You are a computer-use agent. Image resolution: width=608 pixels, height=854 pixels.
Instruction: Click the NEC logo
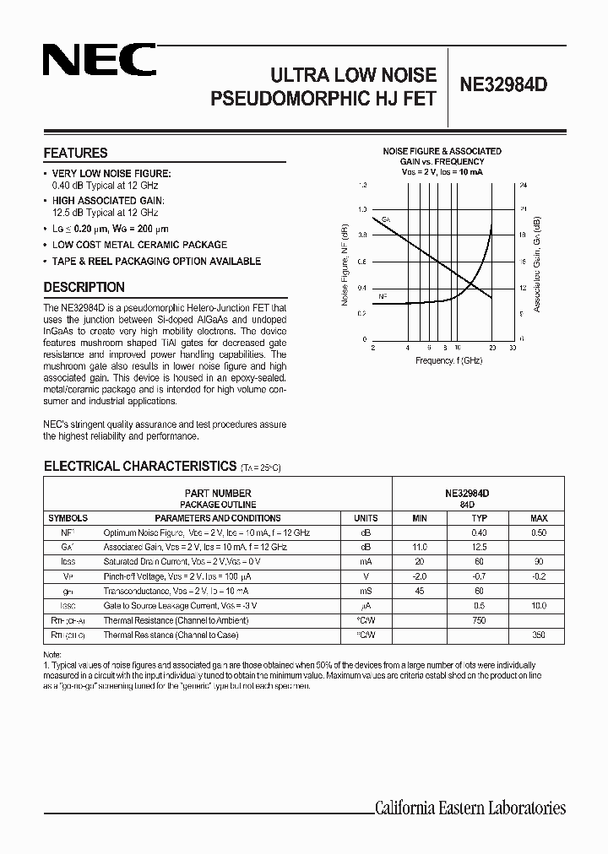[100, 61]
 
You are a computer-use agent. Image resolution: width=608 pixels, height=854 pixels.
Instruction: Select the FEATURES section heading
[75, 154]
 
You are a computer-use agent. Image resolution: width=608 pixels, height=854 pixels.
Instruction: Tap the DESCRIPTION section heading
[84, 287]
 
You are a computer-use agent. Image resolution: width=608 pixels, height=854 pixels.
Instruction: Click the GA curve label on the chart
[386, 219]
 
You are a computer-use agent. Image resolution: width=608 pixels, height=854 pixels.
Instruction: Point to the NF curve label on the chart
[383, 296]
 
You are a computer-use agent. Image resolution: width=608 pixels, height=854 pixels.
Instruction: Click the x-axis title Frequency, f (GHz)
[448, 360]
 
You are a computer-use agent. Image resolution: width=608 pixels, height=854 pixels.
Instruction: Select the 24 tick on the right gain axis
[523, 183]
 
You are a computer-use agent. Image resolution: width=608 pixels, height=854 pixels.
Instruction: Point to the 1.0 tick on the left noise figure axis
[363, 209]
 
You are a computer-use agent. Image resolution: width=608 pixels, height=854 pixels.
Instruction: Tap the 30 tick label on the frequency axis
[513, 347]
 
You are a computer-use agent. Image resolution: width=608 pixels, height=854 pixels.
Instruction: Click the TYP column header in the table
[480, 518]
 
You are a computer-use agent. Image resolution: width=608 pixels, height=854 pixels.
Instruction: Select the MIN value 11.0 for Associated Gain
[420, 548]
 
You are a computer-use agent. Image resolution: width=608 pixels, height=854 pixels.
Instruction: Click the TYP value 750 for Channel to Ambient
[480, 620]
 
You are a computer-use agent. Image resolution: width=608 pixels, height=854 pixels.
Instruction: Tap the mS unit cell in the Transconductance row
[366, 591]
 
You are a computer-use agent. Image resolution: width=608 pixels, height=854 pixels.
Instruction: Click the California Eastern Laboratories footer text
[470, 808]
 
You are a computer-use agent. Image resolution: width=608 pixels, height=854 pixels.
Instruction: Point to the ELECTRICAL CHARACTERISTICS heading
[139, 466]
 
